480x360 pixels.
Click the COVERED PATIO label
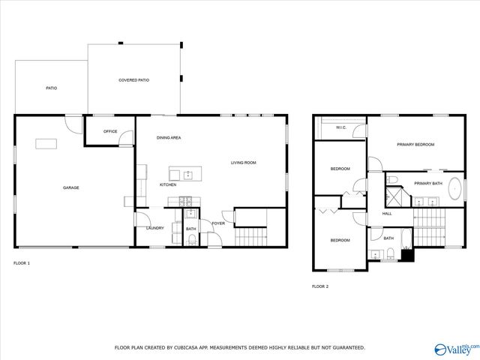tap(133, 79)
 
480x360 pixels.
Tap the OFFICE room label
tap(110, 131)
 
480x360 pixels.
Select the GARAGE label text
tap(70, 187)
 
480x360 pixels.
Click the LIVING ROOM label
tap(243, 163)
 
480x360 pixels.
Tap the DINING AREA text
tap(169, 138)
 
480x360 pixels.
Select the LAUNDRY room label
tap(154, 228)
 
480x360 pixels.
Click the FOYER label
tap(218, 223)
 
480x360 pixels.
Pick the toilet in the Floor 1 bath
tap(192, 238)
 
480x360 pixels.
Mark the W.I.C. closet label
tap(340, 127)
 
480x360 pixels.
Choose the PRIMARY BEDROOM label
tap(415, 144)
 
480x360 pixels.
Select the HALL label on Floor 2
tap(387, 214)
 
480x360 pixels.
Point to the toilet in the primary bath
tap(393, 179)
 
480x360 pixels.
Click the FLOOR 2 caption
tap(320, 286)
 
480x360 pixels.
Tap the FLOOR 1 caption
tap(22, 263)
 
